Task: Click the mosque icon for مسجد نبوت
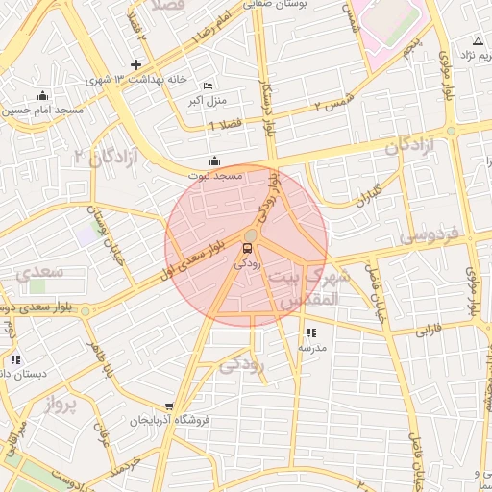point(213,160)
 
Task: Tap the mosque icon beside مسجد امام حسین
point(41,95)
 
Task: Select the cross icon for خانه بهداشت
point(135,65)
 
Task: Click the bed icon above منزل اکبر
point(209,86)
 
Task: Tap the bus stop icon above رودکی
point(249,248)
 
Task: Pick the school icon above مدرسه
point(310,332)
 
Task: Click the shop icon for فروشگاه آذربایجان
point(170,407)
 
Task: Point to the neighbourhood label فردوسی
point(429,236)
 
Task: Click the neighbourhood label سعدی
point(39,272)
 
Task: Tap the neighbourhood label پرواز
point(59,405)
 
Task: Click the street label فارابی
point(428,332)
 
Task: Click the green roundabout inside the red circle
point(250,235)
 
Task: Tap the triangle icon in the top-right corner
point(478,41)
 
